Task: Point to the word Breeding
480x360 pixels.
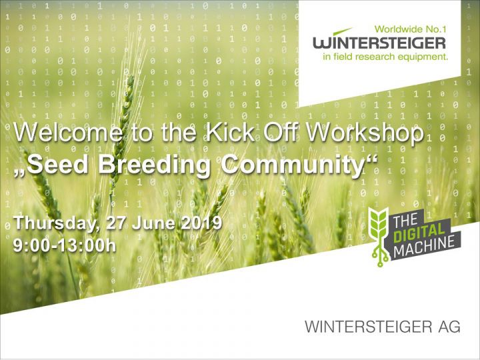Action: [154, 167]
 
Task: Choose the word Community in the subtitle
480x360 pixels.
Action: [293, 167]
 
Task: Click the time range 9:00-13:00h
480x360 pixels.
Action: [65, 245]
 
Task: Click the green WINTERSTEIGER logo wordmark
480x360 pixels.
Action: [379, 43]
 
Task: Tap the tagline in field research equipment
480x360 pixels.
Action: [385, 57]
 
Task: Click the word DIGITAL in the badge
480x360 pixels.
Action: [419, 233]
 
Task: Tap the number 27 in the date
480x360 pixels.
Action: [116, 222]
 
